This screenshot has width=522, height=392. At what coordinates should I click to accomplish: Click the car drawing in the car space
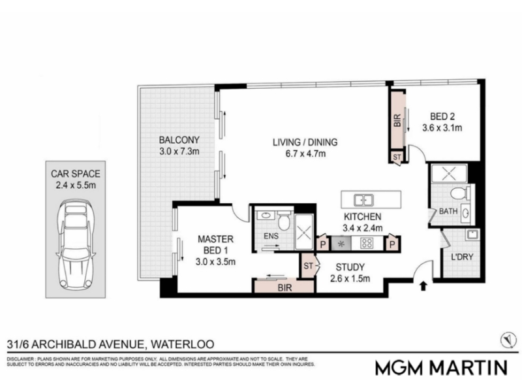(x=76, y=244)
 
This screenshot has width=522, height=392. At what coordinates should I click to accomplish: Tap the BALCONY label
(x=179, y=140)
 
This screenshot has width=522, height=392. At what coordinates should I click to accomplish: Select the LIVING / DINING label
(x=305, y=142)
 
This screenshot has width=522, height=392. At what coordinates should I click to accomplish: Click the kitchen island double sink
(x=363, y=201)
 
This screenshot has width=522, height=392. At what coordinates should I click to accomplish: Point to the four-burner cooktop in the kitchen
(x=367, y=243)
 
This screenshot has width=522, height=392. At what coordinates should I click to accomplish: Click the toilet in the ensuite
(x=284, y=220)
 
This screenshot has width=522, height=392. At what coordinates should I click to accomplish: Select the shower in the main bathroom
(x=449, y=173)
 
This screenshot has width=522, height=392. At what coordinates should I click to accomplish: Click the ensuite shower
(x=303, y=232)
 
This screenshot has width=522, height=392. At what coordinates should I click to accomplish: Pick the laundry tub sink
(x=472, y=235)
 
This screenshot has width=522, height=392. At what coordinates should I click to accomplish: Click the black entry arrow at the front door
(x=423, y=286)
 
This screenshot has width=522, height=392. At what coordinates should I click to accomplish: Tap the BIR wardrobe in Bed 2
(x=397, y=121)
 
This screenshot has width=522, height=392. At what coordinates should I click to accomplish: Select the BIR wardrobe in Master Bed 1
(x=284, y=287)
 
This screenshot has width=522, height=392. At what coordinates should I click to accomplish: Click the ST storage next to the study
(x=309, y=266)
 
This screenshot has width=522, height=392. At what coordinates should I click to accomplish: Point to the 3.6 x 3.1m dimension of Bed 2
(x=442, y=127)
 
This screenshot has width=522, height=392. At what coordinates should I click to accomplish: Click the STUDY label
(x=350, y=267)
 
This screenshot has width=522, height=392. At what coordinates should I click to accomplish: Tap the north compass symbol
(x=508, y=340)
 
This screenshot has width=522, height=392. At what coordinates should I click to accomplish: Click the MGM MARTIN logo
(x=442, y=368)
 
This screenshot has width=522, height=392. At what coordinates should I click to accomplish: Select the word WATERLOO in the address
(x=183, y=344)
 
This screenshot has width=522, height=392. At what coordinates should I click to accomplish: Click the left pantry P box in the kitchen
(x=322, y=244)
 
